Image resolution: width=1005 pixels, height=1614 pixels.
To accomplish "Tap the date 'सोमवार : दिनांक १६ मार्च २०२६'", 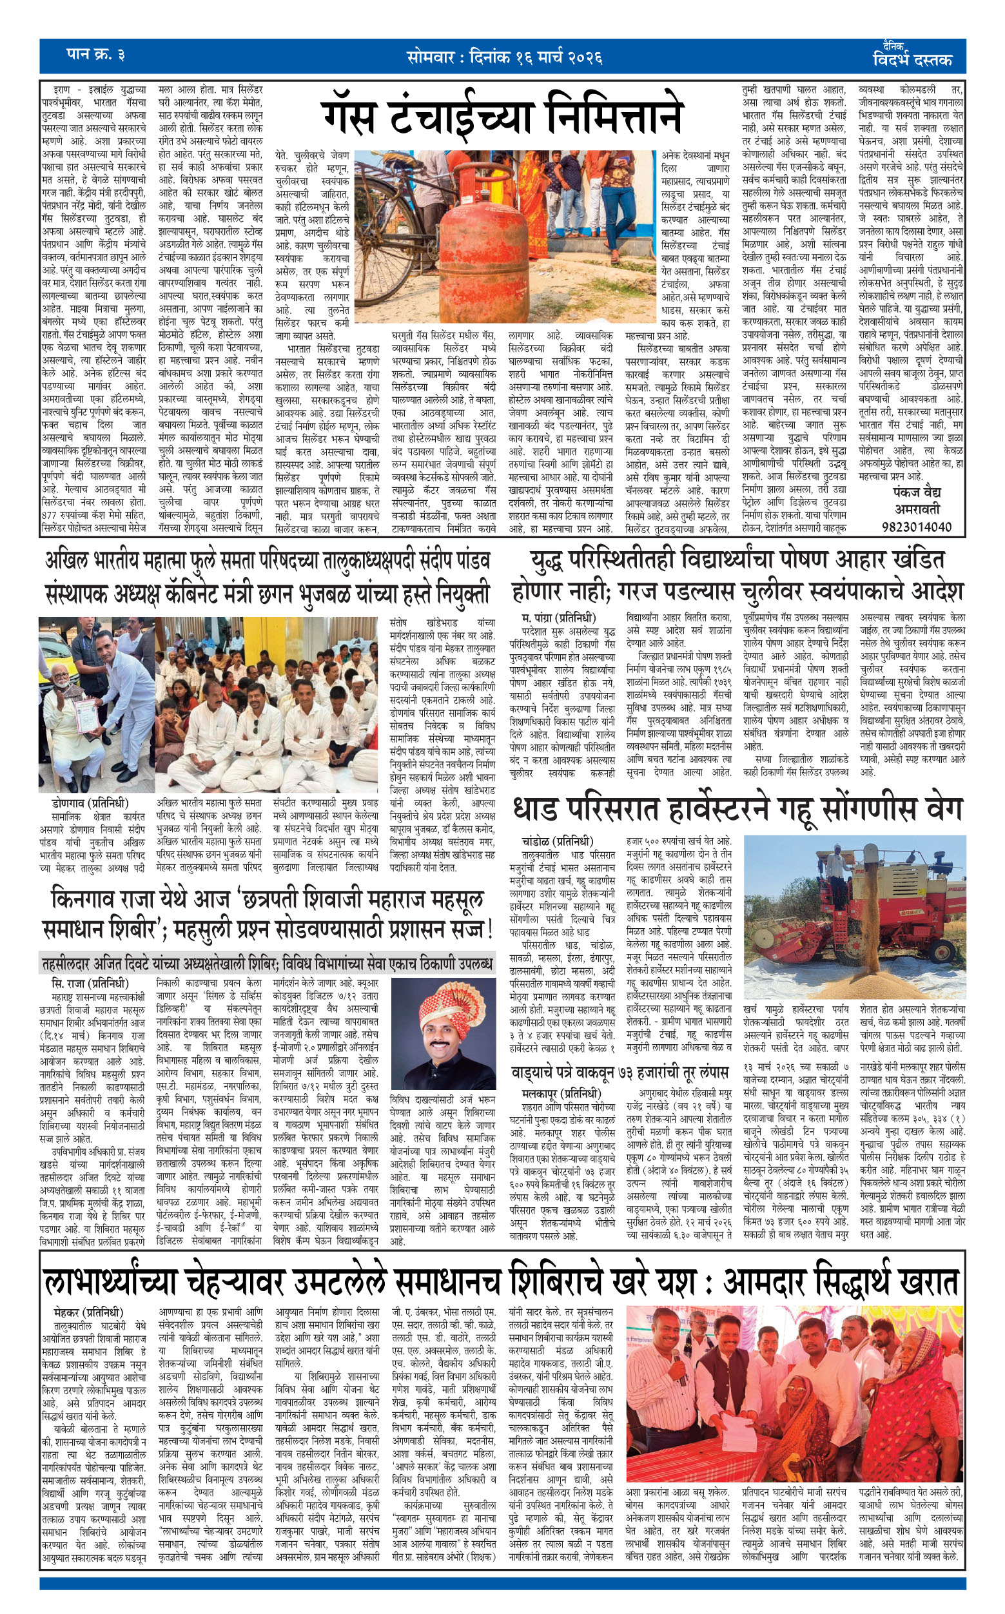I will tap(505, 57).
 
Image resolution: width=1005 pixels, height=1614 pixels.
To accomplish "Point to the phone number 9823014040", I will tap(917, 526).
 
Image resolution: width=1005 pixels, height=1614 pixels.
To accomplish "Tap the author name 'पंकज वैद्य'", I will tap(917, 492).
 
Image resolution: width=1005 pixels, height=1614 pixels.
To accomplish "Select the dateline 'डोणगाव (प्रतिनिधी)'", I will tap(90, 803).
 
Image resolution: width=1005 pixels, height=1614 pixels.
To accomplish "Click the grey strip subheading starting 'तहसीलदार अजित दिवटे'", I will tap(266, 963).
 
